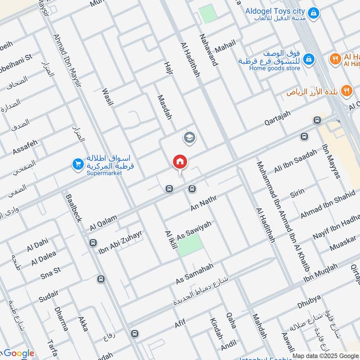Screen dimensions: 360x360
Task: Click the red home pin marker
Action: point(180,162)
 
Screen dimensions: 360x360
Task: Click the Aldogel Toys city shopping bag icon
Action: point(315,12)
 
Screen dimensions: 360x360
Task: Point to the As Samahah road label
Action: point(194,274)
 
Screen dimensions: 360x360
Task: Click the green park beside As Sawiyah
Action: point(190,245)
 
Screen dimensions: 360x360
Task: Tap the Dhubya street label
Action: point(309,302)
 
